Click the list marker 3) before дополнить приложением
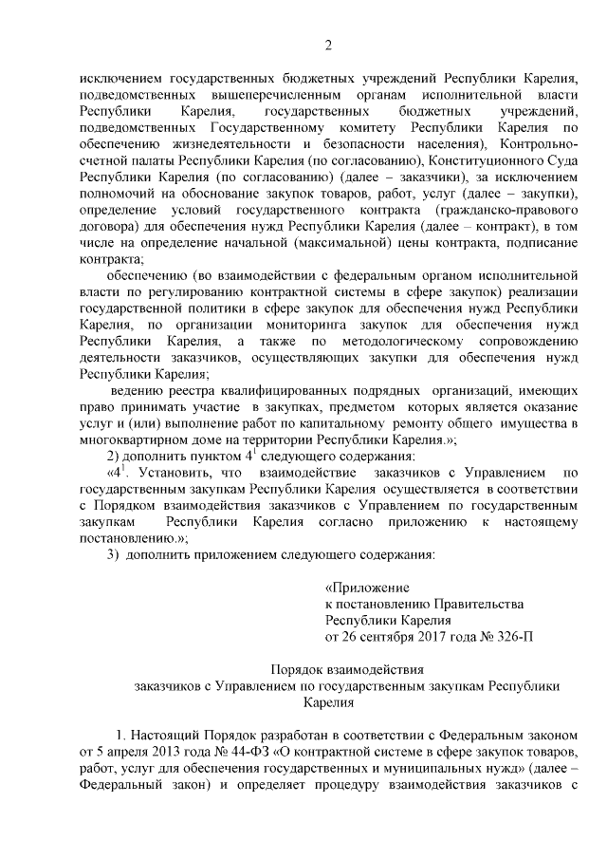coord(111,552)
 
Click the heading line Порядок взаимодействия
coord(328,670)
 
